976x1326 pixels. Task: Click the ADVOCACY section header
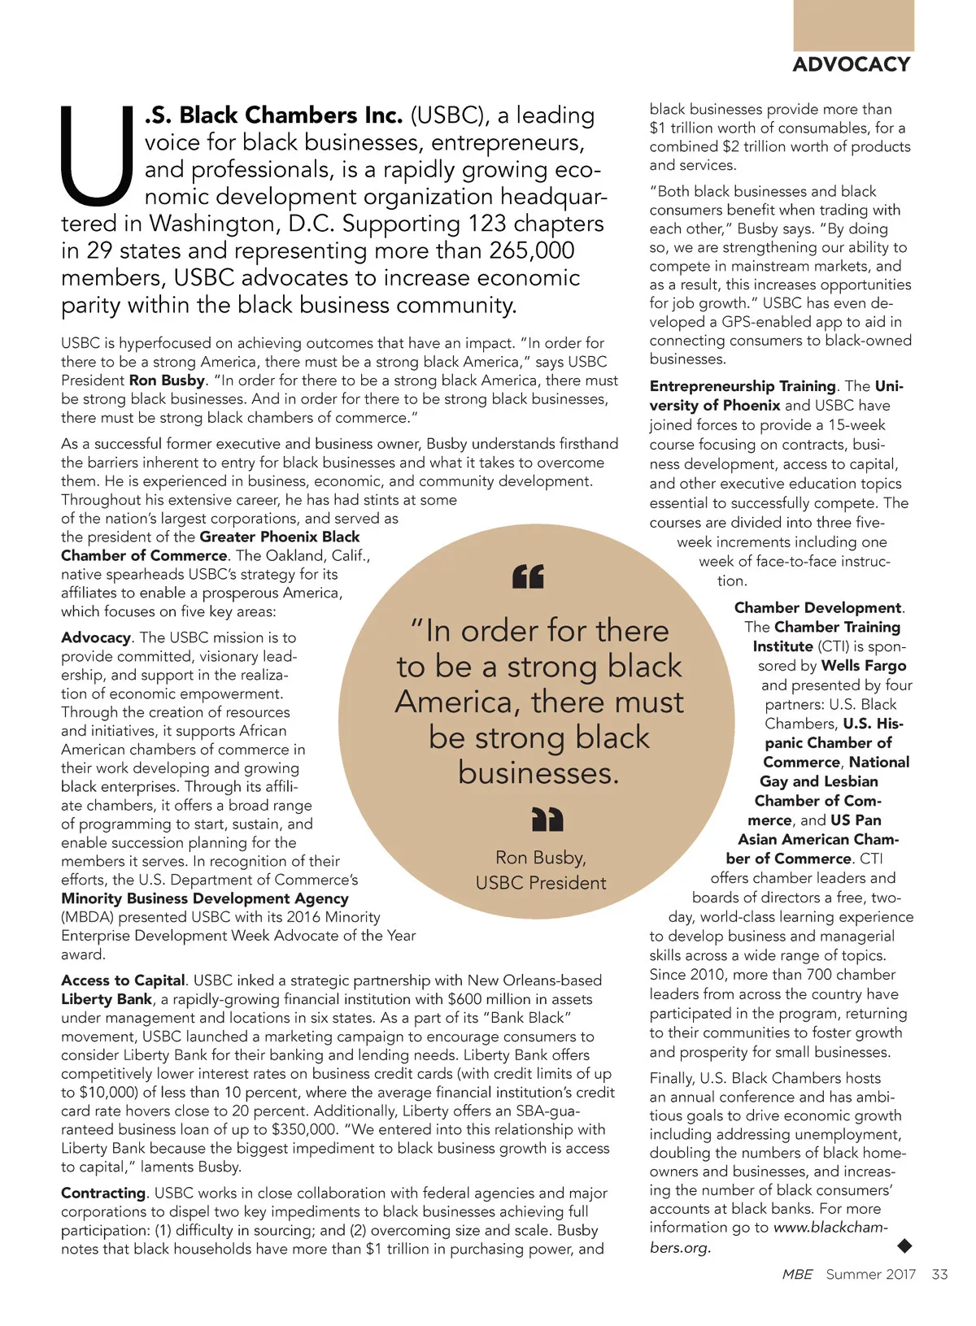[851, 64]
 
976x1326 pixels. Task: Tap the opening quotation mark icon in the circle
[528, 576]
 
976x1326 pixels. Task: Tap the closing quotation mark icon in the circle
[547, 820]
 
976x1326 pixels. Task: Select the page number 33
[939, 1274]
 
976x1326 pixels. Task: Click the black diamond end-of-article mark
[904, 1245]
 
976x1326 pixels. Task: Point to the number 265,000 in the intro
[532, 250]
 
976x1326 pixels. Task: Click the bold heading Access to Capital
[123, 980]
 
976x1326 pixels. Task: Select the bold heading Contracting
[103, 1193]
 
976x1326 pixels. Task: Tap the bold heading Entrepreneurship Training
[743, 386]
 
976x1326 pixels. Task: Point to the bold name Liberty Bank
[107, 999]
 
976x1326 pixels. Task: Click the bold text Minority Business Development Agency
[205, 898]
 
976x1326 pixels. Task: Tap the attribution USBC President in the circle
[541, 883]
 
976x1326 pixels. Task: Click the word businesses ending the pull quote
[538, 773]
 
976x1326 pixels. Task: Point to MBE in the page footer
[797, 1274]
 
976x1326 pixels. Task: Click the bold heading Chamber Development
[817, 608]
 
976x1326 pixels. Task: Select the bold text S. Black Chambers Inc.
[273, 115]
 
